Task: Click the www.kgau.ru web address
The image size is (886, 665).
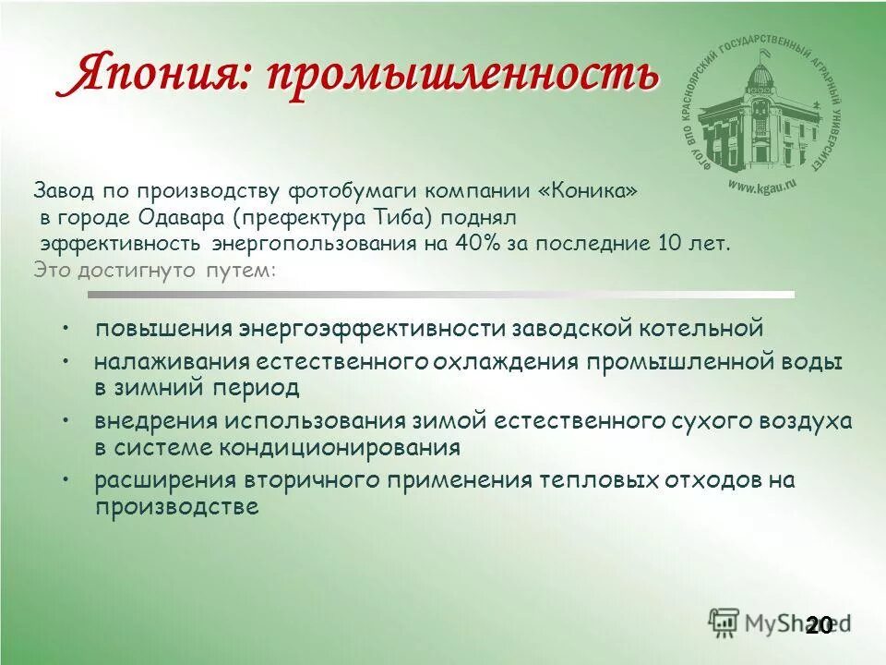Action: (761, 186)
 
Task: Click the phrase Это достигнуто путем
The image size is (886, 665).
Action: (154, 271)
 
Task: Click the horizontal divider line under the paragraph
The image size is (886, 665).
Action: (441, 295)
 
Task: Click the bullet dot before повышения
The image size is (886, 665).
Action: (67, 328)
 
